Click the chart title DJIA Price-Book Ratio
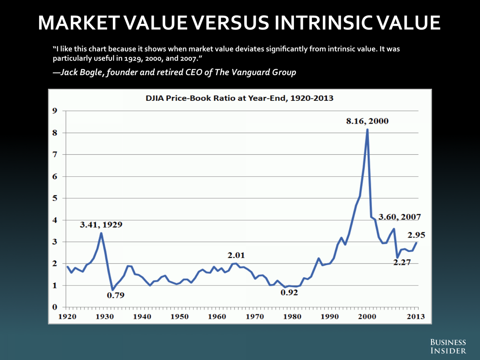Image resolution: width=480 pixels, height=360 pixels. pos(240,98)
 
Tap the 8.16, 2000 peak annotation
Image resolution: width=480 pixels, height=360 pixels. pos(367,121)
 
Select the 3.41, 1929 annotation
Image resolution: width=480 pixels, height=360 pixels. pos(101,224)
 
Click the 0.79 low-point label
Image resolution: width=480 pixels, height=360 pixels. pos(116,296)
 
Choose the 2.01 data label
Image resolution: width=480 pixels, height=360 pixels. pos(236,255)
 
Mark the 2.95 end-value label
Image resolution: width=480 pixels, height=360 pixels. pos(416,235)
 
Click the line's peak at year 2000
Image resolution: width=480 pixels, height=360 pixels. pos(367,130)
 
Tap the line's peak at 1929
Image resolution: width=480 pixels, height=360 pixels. pos(101,233)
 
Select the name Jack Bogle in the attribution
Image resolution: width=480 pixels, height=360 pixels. pos(80,73)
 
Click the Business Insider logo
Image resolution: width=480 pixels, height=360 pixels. pos(448,346)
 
